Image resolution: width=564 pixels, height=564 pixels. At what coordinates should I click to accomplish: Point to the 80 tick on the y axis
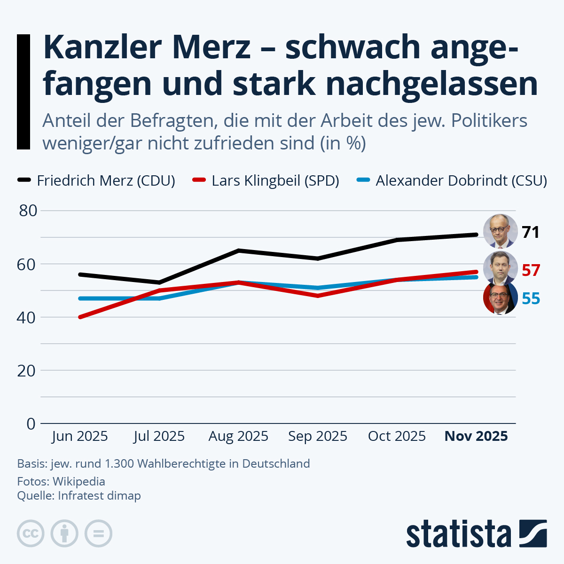pos(28,211)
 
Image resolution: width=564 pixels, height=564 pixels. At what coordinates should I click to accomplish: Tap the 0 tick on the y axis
pos(31,423)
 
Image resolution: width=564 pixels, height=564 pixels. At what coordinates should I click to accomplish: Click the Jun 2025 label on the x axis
pos(80,436)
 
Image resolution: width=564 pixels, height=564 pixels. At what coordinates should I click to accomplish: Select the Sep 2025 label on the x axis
pos(318,436)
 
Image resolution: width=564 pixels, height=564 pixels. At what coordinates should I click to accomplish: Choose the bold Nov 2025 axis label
pos(476,436)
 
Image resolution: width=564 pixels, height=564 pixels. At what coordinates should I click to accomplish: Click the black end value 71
pos(531,232)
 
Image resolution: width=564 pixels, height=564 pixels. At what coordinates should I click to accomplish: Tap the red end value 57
pos(531,270)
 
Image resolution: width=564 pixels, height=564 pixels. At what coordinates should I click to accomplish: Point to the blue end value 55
pos(531,298)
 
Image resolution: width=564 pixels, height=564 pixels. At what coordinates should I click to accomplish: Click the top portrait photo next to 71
pos(500,231)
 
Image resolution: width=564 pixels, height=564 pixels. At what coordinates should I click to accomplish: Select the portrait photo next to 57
pos(500,268)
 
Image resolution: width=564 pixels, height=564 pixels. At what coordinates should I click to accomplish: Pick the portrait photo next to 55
pos(500,298)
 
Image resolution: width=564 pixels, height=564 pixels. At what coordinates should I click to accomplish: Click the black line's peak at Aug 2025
pos(239,251)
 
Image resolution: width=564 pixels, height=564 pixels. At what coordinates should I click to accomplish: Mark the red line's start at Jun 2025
pos(80,317)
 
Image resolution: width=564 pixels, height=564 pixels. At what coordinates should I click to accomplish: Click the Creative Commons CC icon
pos(31,533)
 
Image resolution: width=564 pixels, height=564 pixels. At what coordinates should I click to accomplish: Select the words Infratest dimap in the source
pos(99,495)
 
